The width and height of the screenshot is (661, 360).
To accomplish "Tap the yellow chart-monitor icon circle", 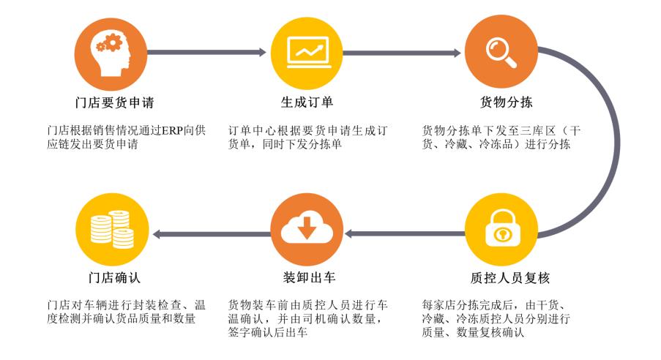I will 307,51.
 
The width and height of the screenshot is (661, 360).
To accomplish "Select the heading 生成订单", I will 307,101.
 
